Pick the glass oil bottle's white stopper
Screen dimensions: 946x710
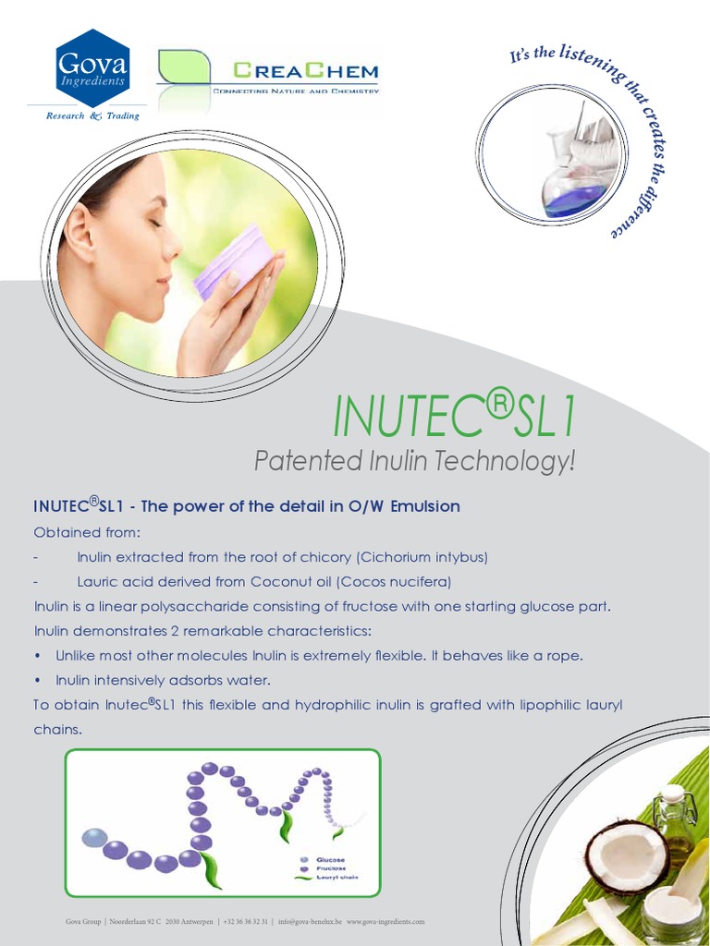pos(674,794)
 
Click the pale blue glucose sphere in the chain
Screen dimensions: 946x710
pos(92,838)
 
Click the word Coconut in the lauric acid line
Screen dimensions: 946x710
pos(263,581)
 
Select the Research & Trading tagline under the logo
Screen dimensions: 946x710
pos(93,116)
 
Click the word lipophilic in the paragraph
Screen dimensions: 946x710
pos(530,705)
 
